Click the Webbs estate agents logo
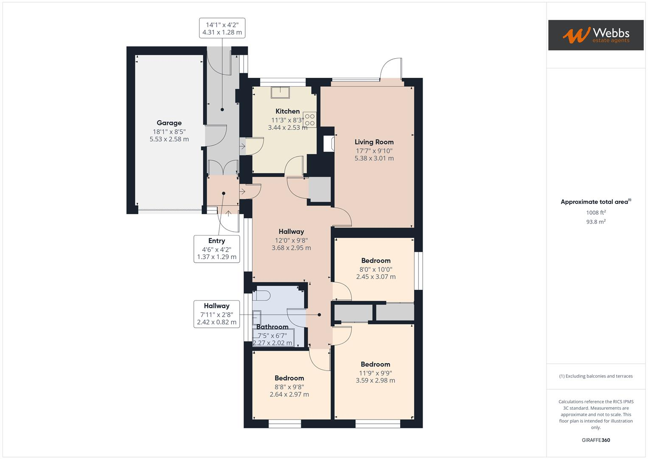595,35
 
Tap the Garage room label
169,123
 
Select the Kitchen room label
287,111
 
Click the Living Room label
374,142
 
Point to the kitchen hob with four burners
309,119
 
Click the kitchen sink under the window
281,92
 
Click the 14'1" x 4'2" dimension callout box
222,28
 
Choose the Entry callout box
216,249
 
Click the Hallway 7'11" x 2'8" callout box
216,314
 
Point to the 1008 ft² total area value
595,212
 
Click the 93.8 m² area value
595,222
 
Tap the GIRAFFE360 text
595,440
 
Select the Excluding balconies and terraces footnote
595,376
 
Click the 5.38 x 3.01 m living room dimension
374,159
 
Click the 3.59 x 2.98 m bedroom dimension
375,381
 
